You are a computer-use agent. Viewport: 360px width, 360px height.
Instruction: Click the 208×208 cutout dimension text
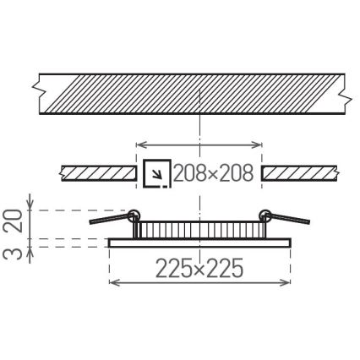[x=213, y=174]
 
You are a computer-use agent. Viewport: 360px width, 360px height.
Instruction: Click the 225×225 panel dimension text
[x=200, y=269]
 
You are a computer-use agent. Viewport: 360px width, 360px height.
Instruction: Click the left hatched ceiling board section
[x=100, y=173]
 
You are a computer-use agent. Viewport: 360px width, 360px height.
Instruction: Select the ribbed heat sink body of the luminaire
[x=199, y=229]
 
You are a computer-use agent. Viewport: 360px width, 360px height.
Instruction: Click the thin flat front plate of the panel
[x=199, y=243]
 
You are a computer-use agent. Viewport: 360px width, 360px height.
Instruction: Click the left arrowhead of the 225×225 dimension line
[x=113, y=281]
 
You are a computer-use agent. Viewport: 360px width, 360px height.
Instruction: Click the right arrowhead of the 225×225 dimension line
[x=287, y=281]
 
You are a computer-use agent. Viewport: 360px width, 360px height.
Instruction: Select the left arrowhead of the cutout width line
[x=140, y=144]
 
